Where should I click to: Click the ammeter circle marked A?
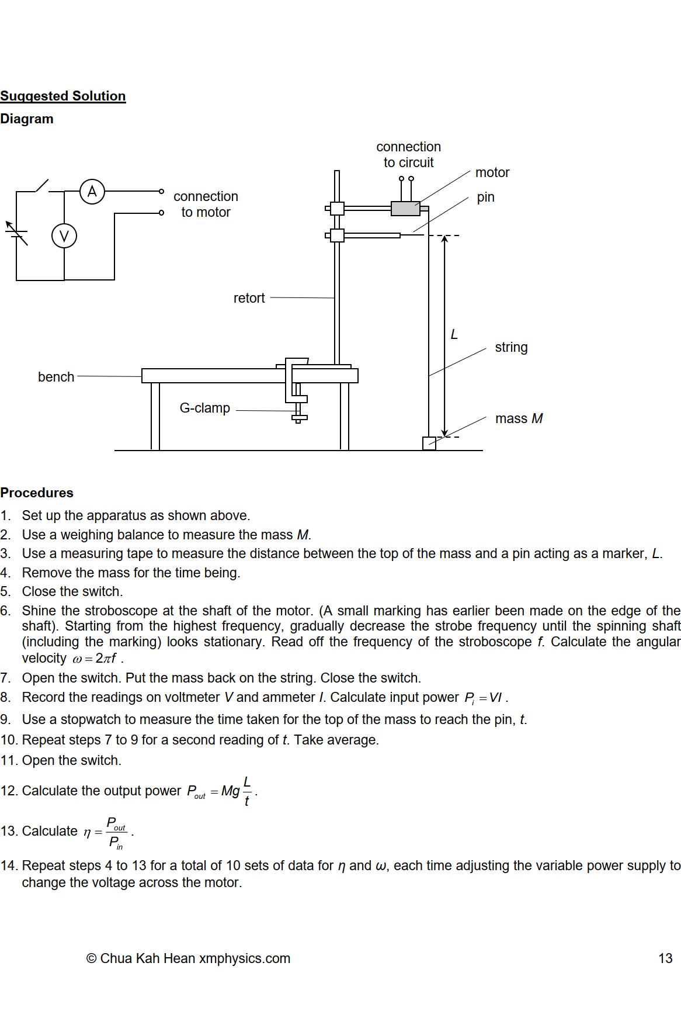tap(92, 191)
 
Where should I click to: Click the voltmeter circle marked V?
tap(64, 236)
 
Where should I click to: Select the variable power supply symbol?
tap(16, 234)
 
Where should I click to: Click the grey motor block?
tap(405, 208)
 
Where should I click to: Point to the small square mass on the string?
tap(429, 444)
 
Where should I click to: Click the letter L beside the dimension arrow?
tap(454, 334)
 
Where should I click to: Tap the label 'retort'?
tap(249, 298)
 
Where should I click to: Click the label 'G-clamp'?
tap(204, 408)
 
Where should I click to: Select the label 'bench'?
tap(56, 377)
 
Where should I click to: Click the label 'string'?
tap(511, 347)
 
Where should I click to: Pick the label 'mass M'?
tap(519, 418)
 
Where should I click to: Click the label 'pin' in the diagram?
tap(485, 197)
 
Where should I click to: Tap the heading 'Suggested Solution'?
tap(62, 96)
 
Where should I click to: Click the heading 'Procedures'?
tap(37, 493)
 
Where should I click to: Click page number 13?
tap(665, 958)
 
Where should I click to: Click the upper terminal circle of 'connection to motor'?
tap(161, 191)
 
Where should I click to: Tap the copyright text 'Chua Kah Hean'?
tap(147, 958)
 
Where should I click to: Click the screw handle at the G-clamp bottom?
tap(299, 417)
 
